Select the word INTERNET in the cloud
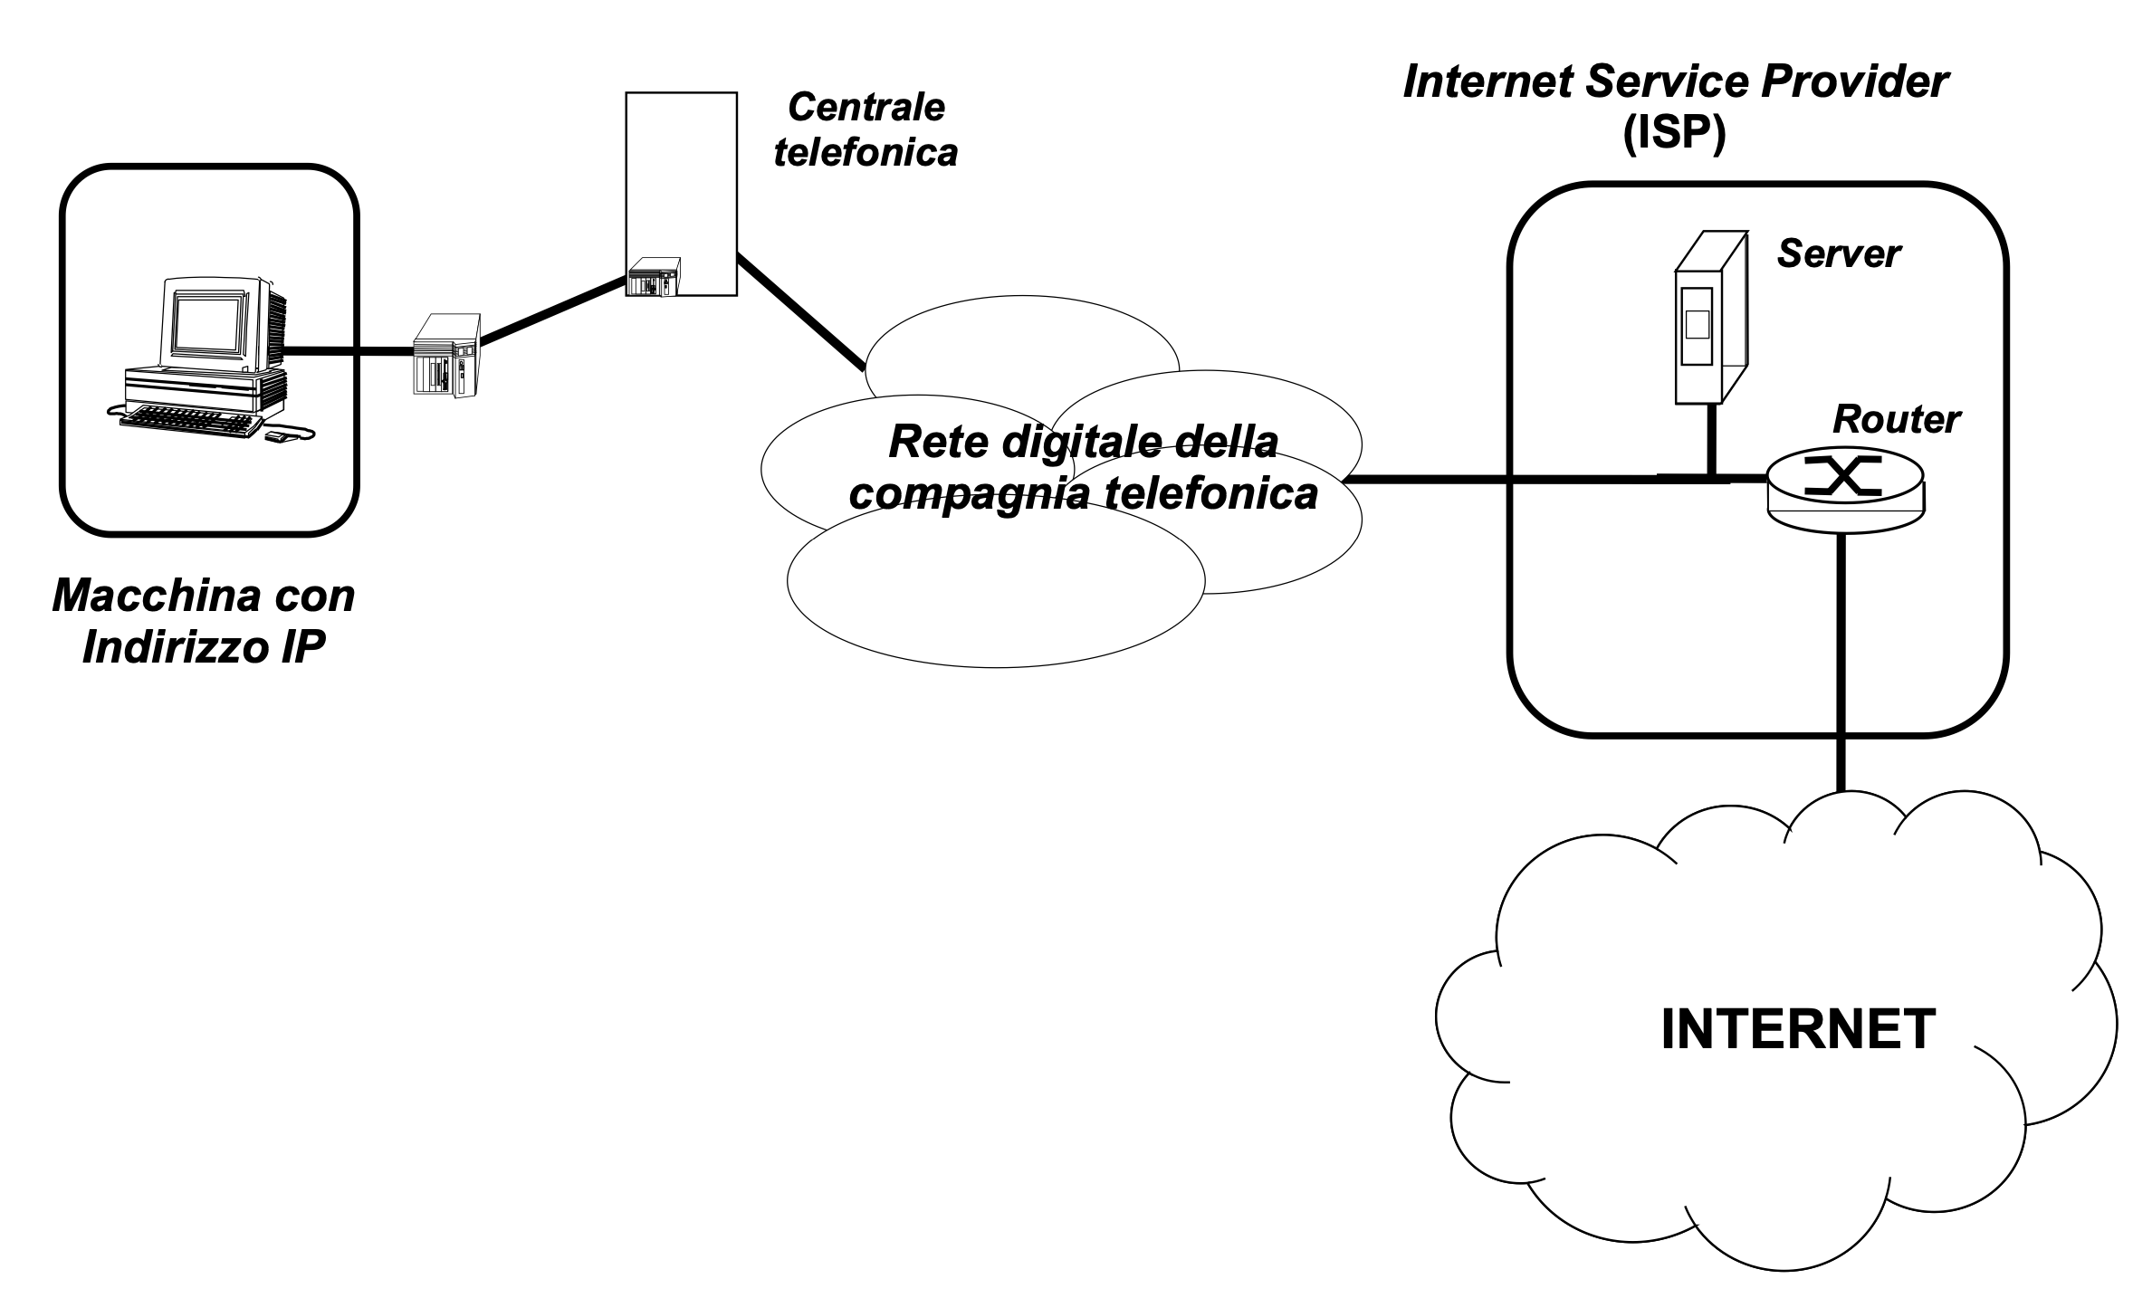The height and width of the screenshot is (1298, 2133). click(x=1798, y=1028)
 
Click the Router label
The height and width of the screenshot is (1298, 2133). click(x=1896, y=420)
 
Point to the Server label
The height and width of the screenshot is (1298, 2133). click(x=1838, y=254)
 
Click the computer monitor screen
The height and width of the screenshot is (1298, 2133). click(x=210, y=325)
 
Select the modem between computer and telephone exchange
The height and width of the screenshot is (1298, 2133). click(x=446, y=354)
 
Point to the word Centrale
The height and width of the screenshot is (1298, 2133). click(x=866, y=108)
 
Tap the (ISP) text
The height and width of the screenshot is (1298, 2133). click(x=1674, y=136)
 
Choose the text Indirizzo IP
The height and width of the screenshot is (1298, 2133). click(x=204, y=646)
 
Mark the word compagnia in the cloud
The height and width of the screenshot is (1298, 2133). click(x=968, y=494)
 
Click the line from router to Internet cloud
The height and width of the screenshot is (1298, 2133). click(x=1841, y=661)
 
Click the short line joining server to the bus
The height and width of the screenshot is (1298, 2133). click(x=1711, y=440)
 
